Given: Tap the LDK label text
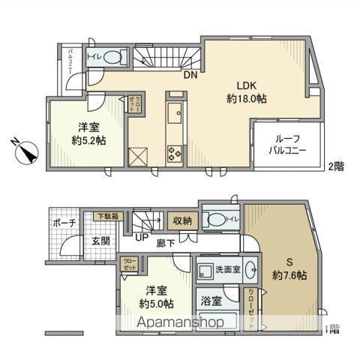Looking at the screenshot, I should pyautogui.click(x=247, y=85).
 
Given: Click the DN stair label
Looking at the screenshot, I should pyautogui.click(x=190, y=74).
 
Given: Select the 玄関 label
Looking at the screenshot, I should pyautogui.click(x=101, y=241).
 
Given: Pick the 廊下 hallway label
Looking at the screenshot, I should pyautogui.click(x=166, y=241).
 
